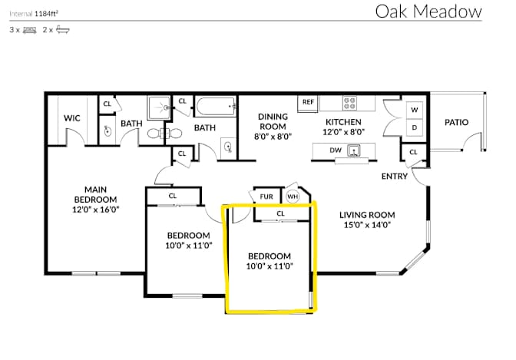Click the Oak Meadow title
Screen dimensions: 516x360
pos(428,12)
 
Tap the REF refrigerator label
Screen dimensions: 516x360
pos(308,102)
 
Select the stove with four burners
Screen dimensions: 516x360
pos(349,103)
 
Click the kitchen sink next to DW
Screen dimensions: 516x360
pos(354,150)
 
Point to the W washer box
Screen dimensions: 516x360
pos(415,110)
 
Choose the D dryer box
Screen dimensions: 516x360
pos(415,127)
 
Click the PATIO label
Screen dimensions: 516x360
pos(456,122)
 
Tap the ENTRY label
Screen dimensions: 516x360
pos(394,177)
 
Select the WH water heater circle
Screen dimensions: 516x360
pos(293,197)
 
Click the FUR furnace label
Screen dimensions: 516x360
pos(266,197)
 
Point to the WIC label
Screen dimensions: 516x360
pos(71,118)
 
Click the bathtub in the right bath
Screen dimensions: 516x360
pos(217,106)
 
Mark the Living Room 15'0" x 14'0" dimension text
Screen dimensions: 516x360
pos(367,225)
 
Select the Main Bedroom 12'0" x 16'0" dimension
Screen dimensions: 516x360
pos(95,210)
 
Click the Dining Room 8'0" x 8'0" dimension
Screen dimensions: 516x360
pos(273,137)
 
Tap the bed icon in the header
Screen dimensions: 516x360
pos(30,30)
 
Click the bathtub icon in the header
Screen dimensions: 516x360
pos(62,30)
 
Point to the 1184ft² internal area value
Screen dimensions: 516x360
pos(46,14)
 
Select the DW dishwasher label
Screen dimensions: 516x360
pos(336,150)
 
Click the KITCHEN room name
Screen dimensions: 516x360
pos(343,122)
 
